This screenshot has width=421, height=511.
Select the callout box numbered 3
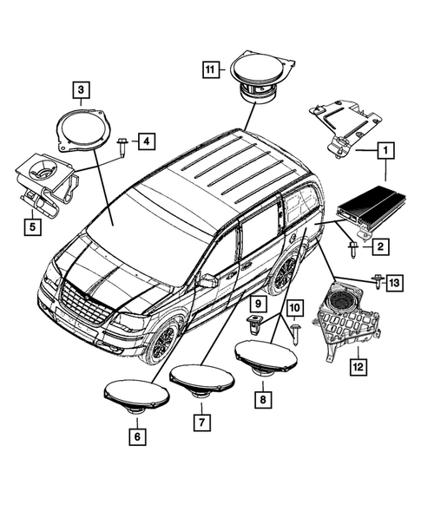click(79, 88)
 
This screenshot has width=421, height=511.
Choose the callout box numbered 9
click(258, 304)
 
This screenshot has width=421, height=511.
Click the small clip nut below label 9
click(256, 325)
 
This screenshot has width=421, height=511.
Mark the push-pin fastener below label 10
click(295, 332)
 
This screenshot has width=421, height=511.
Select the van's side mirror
click(207, 281)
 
